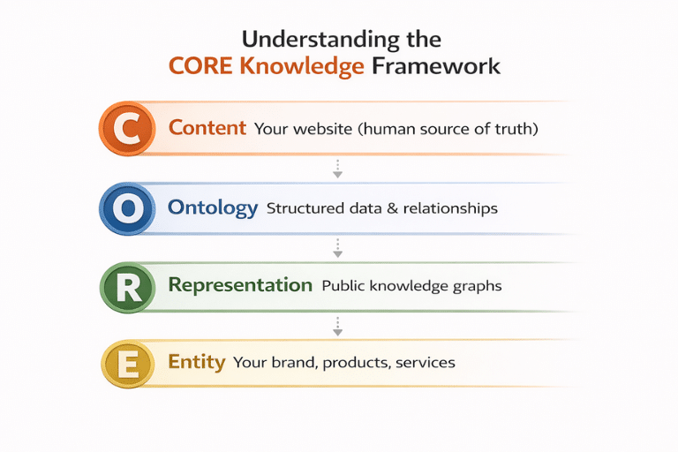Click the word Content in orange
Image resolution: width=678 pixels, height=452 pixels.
pyautogui.click(x=207, y=128)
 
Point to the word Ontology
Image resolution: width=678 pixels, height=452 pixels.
pyautogui.click(x=213, y=208)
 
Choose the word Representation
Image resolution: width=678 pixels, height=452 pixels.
pyautogui.click(x=240, y=285)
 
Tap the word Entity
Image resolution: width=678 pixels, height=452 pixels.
pyautogui.click(x=197, y=362)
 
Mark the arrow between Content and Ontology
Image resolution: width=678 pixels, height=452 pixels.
pyautogui.click(x=337, y=168)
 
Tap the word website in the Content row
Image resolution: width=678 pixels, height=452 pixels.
pyautogui.click(x=321, y=129)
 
